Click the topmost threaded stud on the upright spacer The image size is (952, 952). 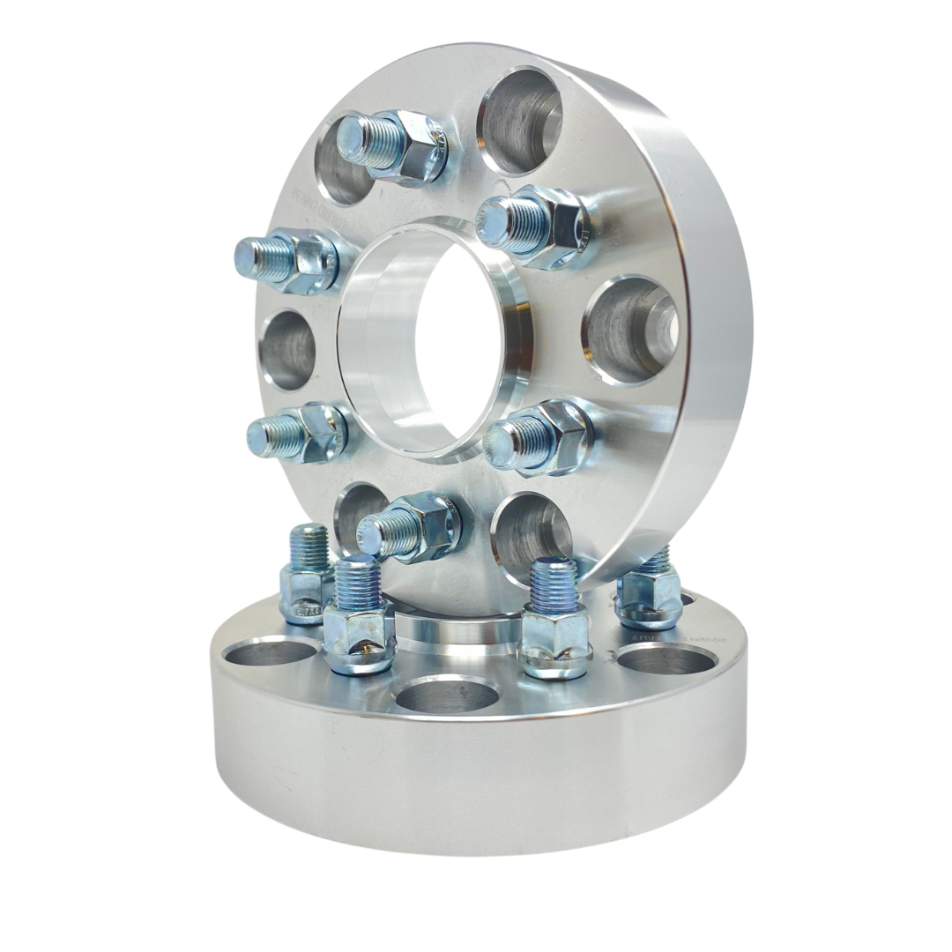392,146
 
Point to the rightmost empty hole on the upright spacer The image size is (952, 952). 631,331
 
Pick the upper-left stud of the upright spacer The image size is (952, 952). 286,258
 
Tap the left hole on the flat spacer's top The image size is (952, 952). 270,651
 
